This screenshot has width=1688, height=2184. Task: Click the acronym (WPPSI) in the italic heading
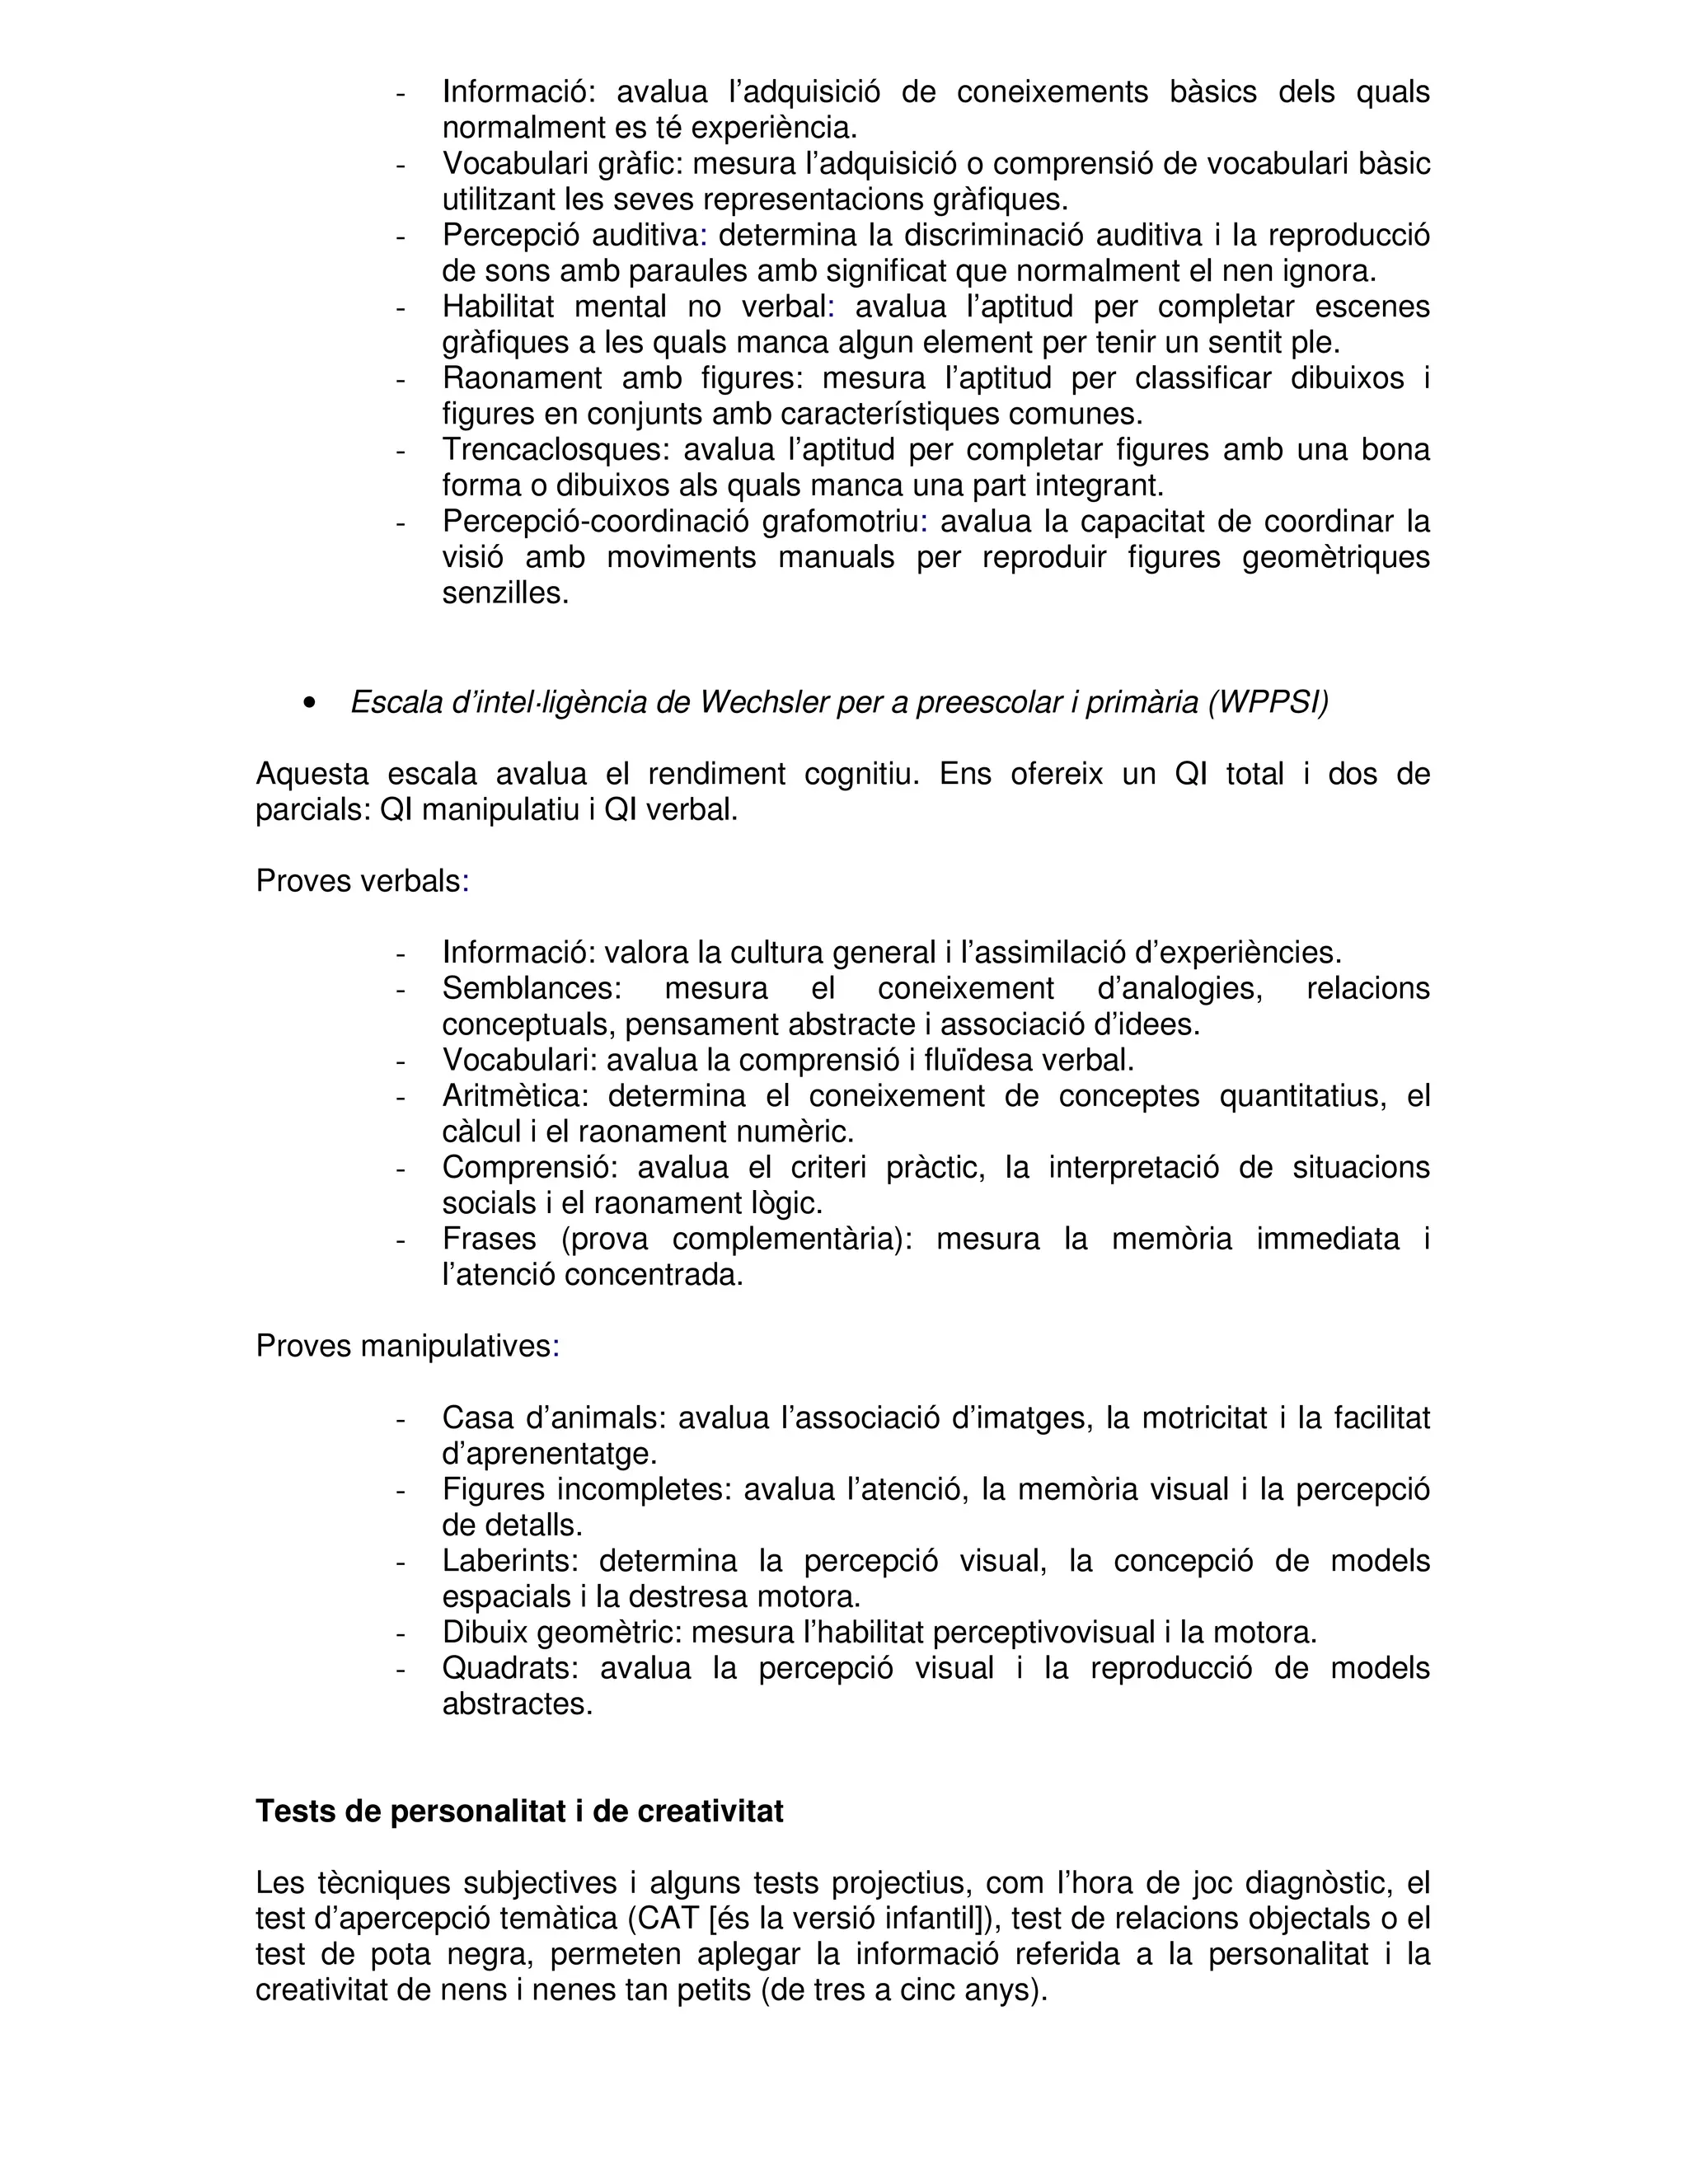1268,704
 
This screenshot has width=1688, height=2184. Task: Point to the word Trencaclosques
552,450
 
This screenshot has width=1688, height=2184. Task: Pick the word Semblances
531,988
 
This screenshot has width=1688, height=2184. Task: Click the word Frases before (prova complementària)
491,1239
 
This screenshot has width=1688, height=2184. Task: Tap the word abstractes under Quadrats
517,1704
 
